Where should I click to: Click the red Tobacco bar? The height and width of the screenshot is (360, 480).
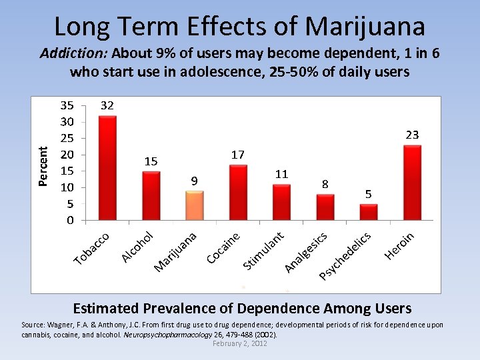(x=107, y=168)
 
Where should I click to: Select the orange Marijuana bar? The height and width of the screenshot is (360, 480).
(x=194, y=205)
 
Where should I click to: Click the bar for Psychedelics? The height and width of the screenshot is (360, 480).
(x=369, y=212)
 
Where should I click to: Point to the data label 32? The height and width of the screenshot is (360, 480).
(x=107, y=105)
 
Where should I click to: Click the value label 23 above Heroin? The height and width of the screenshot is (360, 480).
(x=412, y=135)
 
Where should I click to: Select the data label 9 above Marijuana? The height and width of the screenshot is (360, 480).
(x=194, y=181)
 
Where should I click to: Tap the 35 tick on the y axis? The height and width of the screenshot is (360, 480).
(x=67, y=105)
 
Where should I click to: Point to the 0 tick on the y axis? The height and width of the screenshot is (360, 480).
(x=70, y=220)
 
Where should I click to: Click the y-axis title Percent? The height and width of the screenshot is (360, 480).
(x=43, y=167)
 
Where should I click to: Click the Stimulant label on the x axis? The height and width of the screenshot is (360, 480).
(x=265, y=251)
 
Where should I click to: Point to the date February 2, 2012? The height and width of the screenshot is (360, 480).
(x=239, y=343)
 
